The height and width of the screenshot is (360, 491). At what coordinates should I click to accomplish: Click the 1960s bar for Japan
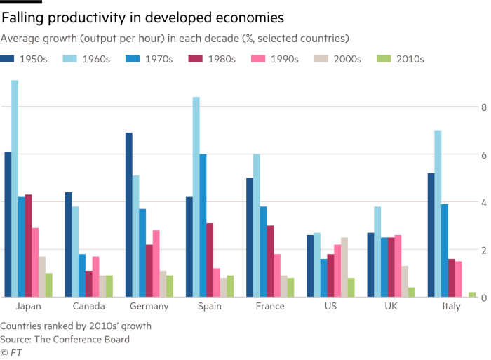click(15, 189)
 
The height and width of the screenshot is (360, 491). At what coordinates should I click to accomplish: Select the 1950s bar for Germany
click(129, 215)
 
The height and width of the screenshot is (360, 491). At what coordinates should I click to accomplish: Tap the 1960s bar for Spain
click(196, 196)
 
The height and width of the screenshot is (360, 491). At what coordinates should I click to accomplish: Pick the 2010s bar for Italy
click(471, 295)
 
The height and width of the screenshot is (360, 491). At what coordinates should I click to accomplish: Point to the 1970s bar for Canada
click(82, 275)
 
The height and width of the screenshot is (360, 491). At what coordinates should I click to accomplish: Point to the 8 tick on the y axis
click(483, 107)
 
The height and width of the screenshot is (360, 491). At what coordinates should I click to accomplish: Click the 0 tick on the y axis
click(483, 298)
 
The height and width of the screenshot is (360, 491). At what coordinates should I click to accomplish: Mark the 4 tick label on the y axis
click(483, 202)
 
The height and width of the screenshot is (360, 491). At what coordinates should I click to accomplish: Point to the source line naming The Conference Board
click(65, 339)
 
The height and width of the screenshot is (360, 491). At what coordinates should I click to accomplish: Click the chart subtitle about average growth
click(175, 37)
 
